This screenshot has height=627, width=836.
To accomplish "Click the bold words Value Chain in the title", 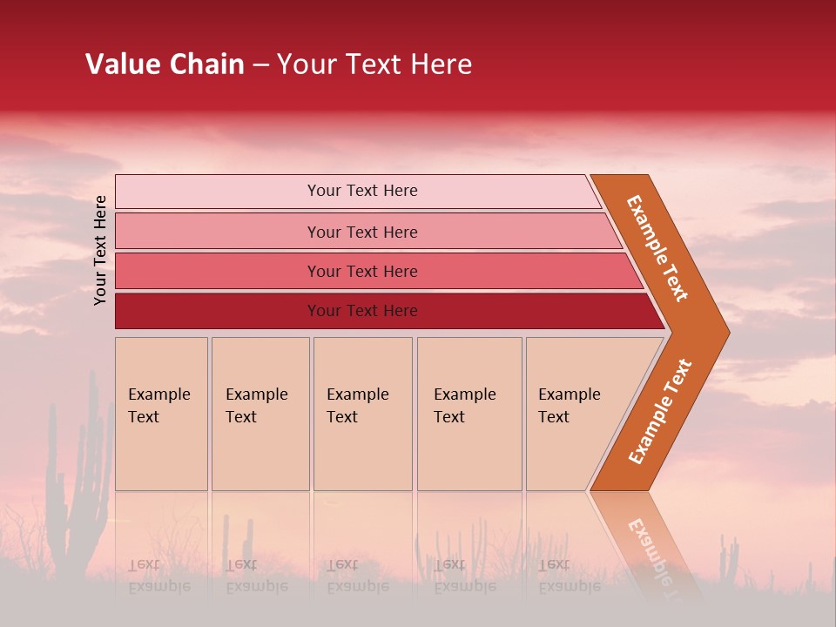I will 165,64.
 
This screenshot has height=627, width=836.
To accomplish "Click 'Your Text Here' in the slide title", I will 374,64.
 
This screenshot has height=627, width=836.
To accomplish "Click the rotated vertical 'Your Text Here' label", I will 100,250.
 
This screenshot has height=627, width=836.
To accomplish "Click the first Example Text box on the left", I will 161,414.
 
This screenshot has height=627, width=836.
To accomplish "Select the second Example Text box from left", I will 260,414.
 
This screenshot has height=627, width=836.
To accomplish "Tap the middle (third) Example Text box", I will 362,414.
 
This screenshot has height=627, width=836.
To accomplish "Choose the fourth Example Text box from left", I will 469,414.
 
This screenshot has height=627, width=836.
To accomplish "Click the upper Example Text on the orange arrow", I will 657,248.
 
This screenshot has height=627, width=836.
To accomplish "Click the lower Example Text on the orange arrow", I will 660,411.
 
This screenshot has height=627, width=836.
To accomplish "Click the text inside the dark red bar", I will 362,311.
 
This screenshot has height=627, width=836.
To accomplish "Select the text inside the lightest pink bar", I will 362,191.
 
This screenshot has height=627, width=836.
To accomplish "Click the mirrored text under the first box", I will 159,576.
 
